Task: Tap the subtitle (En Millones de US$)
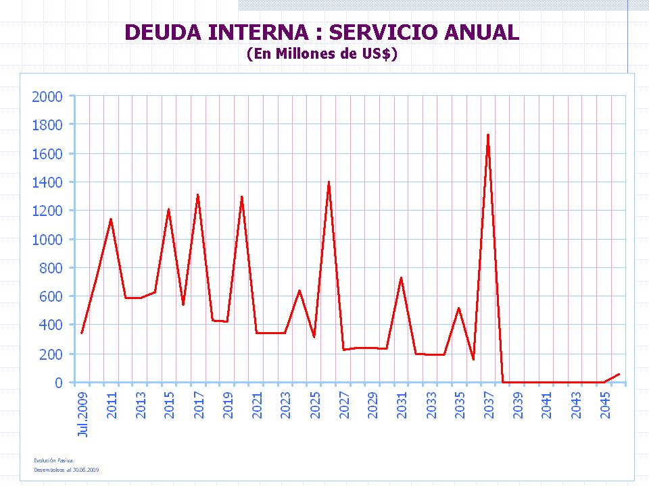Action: tap(322, 54)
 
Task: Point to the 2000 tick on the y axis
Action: tap(47, 97)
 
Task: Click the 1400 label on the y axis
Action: tap(47, 182)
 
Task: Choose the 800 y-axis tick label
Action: tap(51, 268)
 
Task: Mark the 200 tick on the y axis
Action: tap(51, 354)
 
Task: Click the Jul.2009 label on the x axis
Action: tap(83, 414)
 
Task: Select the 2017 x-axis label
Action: tap(199, 406)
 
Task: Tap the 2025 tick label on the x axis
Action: tap(315, 406)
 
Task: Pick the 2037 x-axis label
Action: tap(489, 406)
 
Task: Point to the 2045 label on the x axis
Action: tap(606, 406)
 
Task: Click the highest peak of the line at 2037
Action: tap(488, 135)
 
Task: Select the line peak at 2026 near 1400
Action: tap(329, 182)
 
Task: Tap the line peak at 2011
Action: tap(111, 219)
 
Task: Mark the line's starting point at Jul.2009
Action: tap(82, 333)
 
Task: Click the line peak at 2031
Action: tap(401, 277)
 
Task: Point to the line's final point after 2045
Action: tap(619, 374)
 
